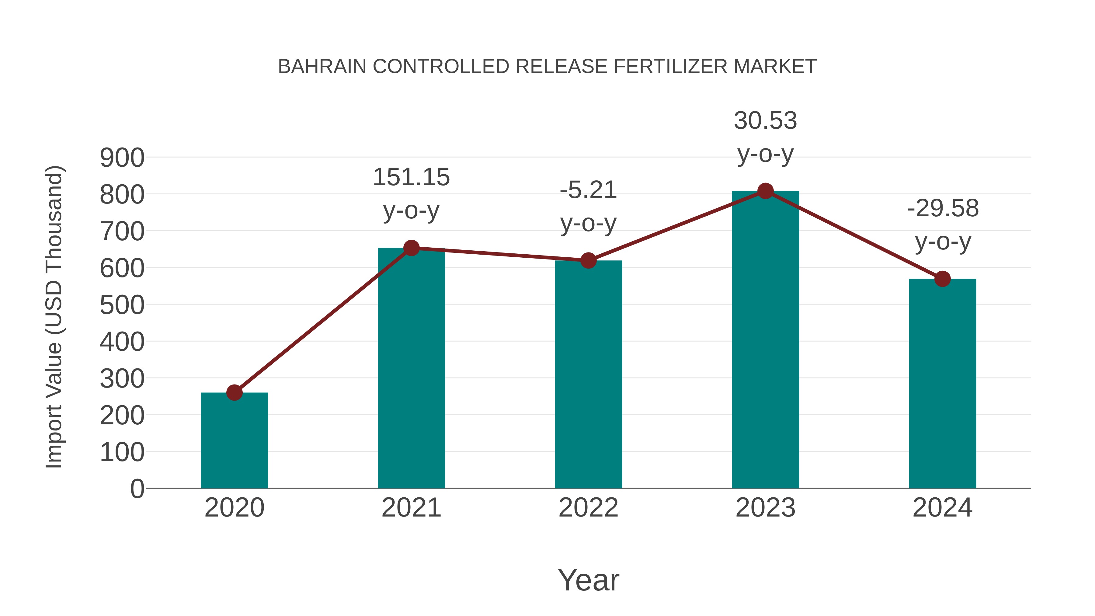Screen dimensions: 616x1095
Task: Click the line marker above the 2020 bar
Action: click(234, 392)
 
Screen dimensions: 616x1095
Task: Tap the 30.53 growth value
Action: click(765, 121)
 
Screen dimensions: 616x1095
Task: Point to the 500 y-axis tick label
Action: click(122, 305)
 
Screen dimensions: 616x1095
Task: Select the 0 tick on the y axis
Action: click(137, 489)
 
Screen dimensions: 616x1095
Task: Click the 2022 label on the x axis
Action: click(588, 508)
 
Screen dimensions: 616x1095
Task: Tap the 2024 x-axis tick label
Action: click(942, 508)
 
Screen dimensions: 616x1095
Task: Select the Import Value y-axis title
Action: click(54, 317)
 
